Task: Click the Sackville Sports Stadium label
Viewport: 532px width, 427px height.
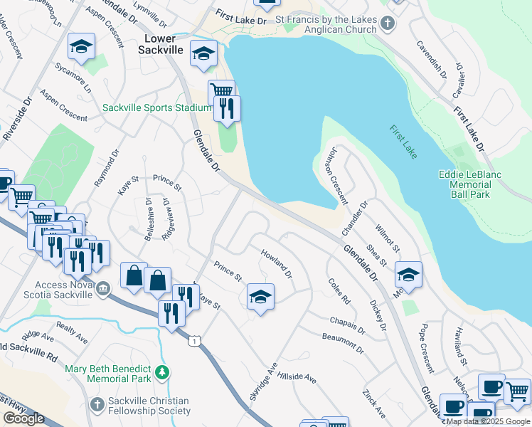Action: [157, 107]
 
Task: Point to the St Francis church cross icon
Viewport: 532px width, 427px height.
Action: [387, 23]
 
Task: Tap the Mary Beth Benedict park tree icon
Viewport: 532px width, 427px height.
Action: [163, 371]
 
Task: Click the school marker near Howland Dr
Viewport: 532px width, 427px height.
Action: [260, 296]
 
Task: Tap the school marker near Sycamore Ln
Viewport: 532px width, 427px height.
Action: [81, 47]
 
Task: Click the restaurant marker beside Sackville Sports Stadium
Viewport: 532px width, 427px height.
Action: [227, 109]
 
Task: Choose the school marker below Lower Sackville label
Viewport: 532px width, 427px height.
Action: [204, 54]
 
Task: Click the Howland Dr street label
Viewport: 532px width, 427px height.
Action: [276, 263]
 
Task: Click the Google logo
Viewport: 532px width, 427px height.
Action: [23, 418]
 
